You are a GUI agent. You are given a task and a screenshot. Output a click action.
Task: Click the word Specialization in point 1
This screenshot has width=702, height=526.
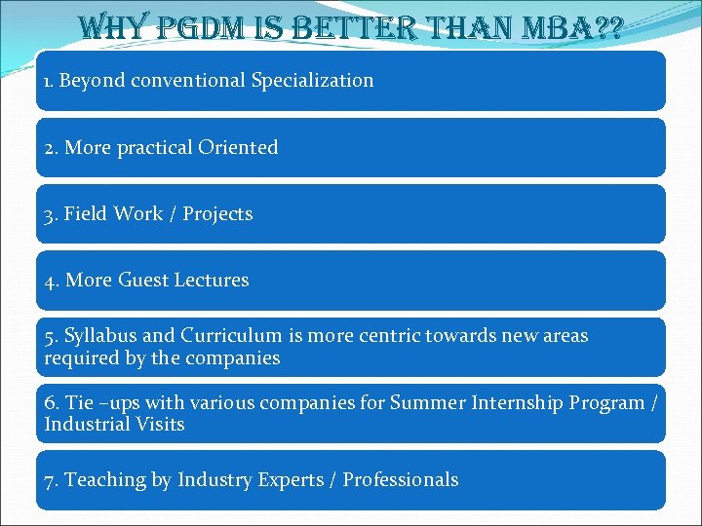pos(312,81)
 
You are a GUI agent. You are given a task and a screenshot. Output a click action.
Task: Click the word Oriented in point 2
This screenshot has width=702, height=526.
pos(238,148)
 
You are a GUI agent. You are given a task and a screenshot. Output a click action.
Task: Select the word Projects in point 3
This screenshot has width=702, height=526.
pos(217,214)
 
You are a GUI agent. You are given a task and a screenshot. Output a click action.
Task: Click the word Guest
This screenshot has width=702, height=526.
pos(143,281)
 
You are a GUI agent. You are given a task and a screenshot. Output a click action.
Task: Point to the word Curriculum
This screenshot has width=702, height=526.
pos(232,336)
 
